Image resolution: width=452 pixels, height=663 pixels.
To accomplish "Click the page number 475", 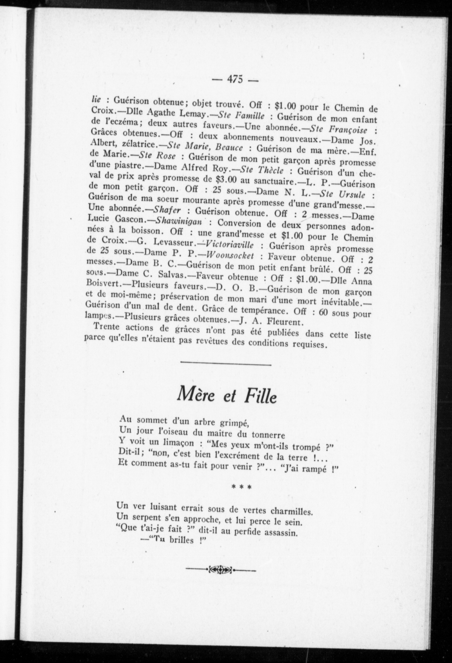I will point(235,79).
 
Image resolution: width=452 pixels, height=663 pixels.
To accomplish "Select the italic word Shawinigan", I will point(180,221).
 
